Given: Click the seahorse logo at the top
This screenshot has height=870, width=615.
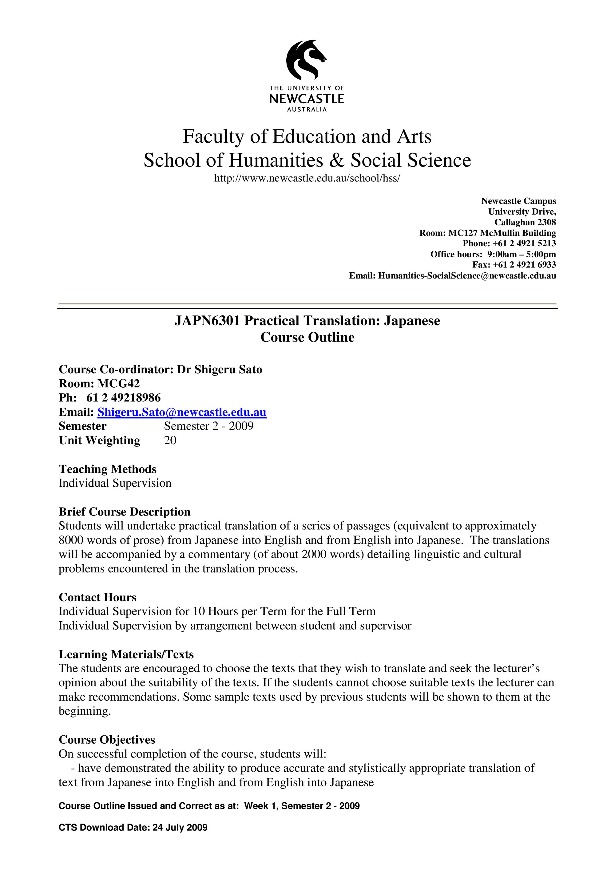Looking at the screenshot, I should tap(306, 60).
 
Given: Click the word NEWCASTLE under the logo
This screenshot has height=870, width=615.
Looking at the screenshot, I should tap(307, 99).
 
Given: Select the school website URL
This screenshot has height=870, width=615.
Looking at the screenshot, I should tap(307, 178).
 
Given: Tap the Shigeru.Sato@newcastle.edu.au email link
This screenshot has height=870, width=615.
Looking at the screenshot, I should tap(182, 412).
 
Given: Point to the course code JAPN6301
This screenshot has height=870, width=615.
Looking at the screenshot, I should tap(207, 321).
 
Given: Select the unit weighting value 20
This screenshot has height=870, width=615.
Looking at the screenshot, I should tap(170, 440).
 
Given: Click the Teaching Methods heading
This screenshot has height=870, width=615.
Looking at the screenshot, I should tap(108, 469).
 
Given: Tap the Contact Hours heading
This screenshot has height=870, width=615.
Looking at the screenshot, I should tap(97, 597).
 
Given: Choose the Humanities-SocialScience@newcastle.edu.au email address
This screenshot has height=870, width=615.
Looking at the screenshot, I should tap(467, 276).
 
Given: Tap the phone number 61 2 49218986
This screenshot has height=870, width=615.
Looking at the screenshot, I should tap(124, 397).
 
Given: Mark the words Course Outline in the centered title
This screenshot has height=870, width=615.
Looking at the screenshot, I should tap(307, 337).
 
